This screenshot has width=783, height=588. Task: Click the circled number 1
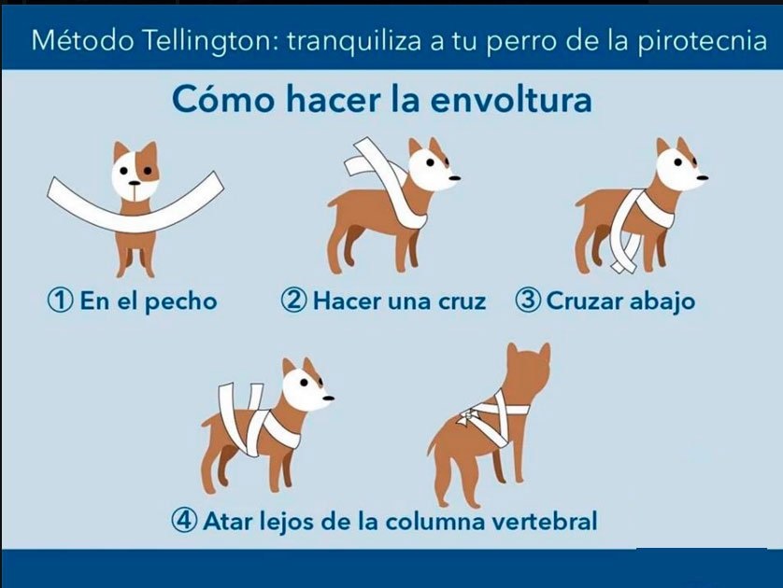tap(60, 301)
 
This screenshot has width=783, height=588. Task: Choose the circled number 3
tap(528, 301)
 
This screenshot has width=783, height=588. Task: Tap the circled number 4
tap(185, 520)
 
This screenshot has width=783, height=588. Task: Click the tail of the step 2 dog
tap(333, 203)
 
